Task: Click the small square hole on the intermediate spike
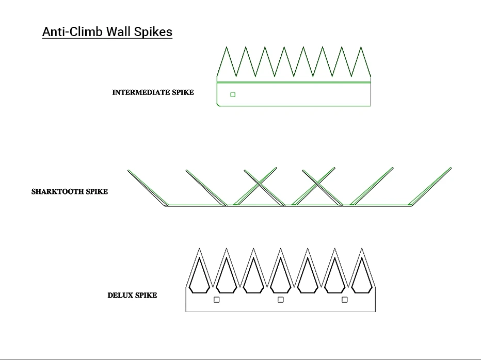click(233, 94)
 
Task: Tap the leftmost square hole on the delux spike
click(217, 300)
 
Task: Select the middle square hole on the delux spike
click(281, 300)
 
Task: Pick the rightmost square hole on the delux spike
click(345, 300)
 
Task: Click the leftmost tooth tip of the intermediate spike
click(226, 47)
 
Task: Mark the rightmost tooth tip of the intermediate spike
click(361, 47)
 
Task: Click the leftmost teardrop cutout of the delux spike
click(200, 274)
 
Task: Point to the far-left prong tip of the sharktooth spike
click(129, 170)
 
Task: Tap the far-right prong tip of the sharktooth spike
click(451, 168)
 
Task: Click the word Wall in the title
click(118, 31)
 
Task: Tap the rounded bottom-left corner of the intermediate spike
click(218, 105)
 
